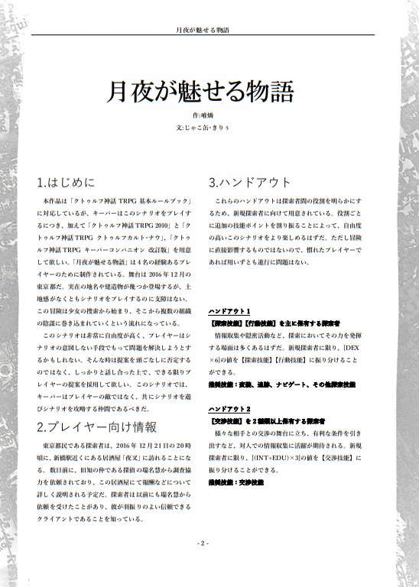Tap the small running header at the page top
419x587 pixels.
[201, 30]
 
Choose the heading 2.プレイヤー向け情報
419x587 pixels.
[96, 426]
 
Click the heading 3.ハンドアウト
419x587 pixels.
[250, 183]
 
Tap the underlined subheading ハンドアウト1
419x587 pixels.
[229, 312]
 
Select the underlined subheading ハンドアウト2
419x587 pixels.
[229, 410]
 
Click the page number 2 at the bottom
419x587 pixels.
[202, 543]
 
